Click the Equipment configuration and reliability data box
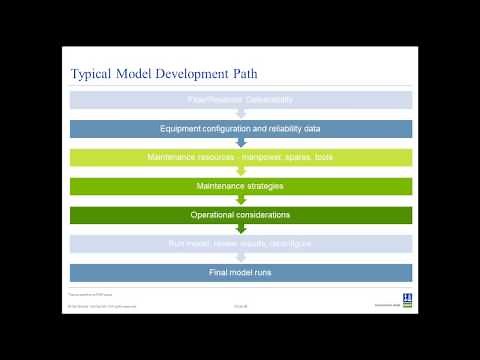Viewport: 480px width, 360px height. (x=240, y=129)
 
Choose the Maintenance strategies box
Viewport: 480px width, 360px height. (x=240, y=186)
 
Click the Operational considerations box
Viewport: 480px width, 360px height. (x=240, y=215)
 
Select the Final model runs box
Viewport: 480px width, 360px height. (x=240, y=272)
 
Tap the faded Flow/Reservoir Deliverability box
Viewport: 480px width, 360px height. (x=240, y=100)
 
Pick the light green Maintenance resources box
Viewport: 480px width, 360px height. (x=240, y=158)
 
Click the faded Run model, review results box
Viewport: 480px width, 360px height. (x=240, y=244)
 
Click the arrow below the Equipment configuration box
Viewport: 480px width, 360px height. (x=240, y=143)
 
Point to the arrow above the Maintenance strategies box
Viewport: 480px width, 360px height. (x=240, y=172)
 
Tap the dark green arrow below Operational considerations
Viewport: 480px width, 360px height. (x=240, y=229)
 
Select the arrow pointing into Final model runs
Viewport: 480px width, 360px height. (x=240, y=258)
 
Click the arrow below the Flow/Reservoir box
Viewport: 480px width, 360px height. (x=240, y=114)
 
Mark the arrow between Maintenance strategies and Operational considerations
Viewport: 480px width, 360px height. (x=240, y=201)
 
